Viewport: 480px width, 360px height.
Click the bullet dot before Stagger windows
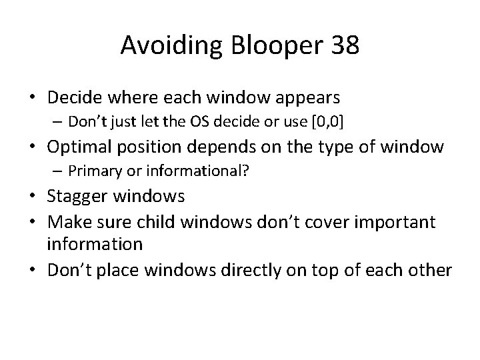click(34, 197)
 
